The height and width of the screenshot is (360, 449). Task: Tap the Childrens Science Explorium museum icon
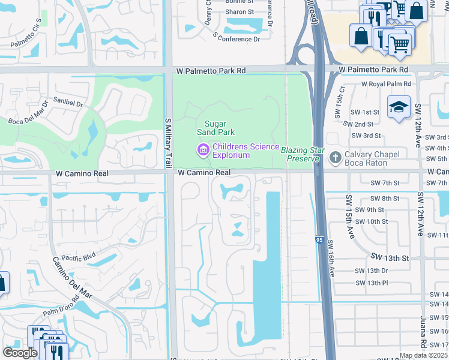203,149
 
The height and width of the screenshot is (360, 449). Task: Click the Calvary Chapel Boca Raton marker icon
336,158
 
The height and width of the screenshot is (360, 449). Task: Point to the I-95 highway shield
319,240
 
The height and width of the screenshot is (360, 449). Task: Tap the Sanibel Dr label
68,102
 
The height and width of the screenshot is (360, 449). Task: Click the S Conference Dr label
236,39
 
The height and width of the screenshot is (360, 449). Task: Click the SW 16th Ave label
330,258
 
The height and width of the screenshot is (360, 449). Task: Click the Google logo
20,353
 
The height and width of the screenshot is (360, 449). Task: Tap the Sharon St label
240,12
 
